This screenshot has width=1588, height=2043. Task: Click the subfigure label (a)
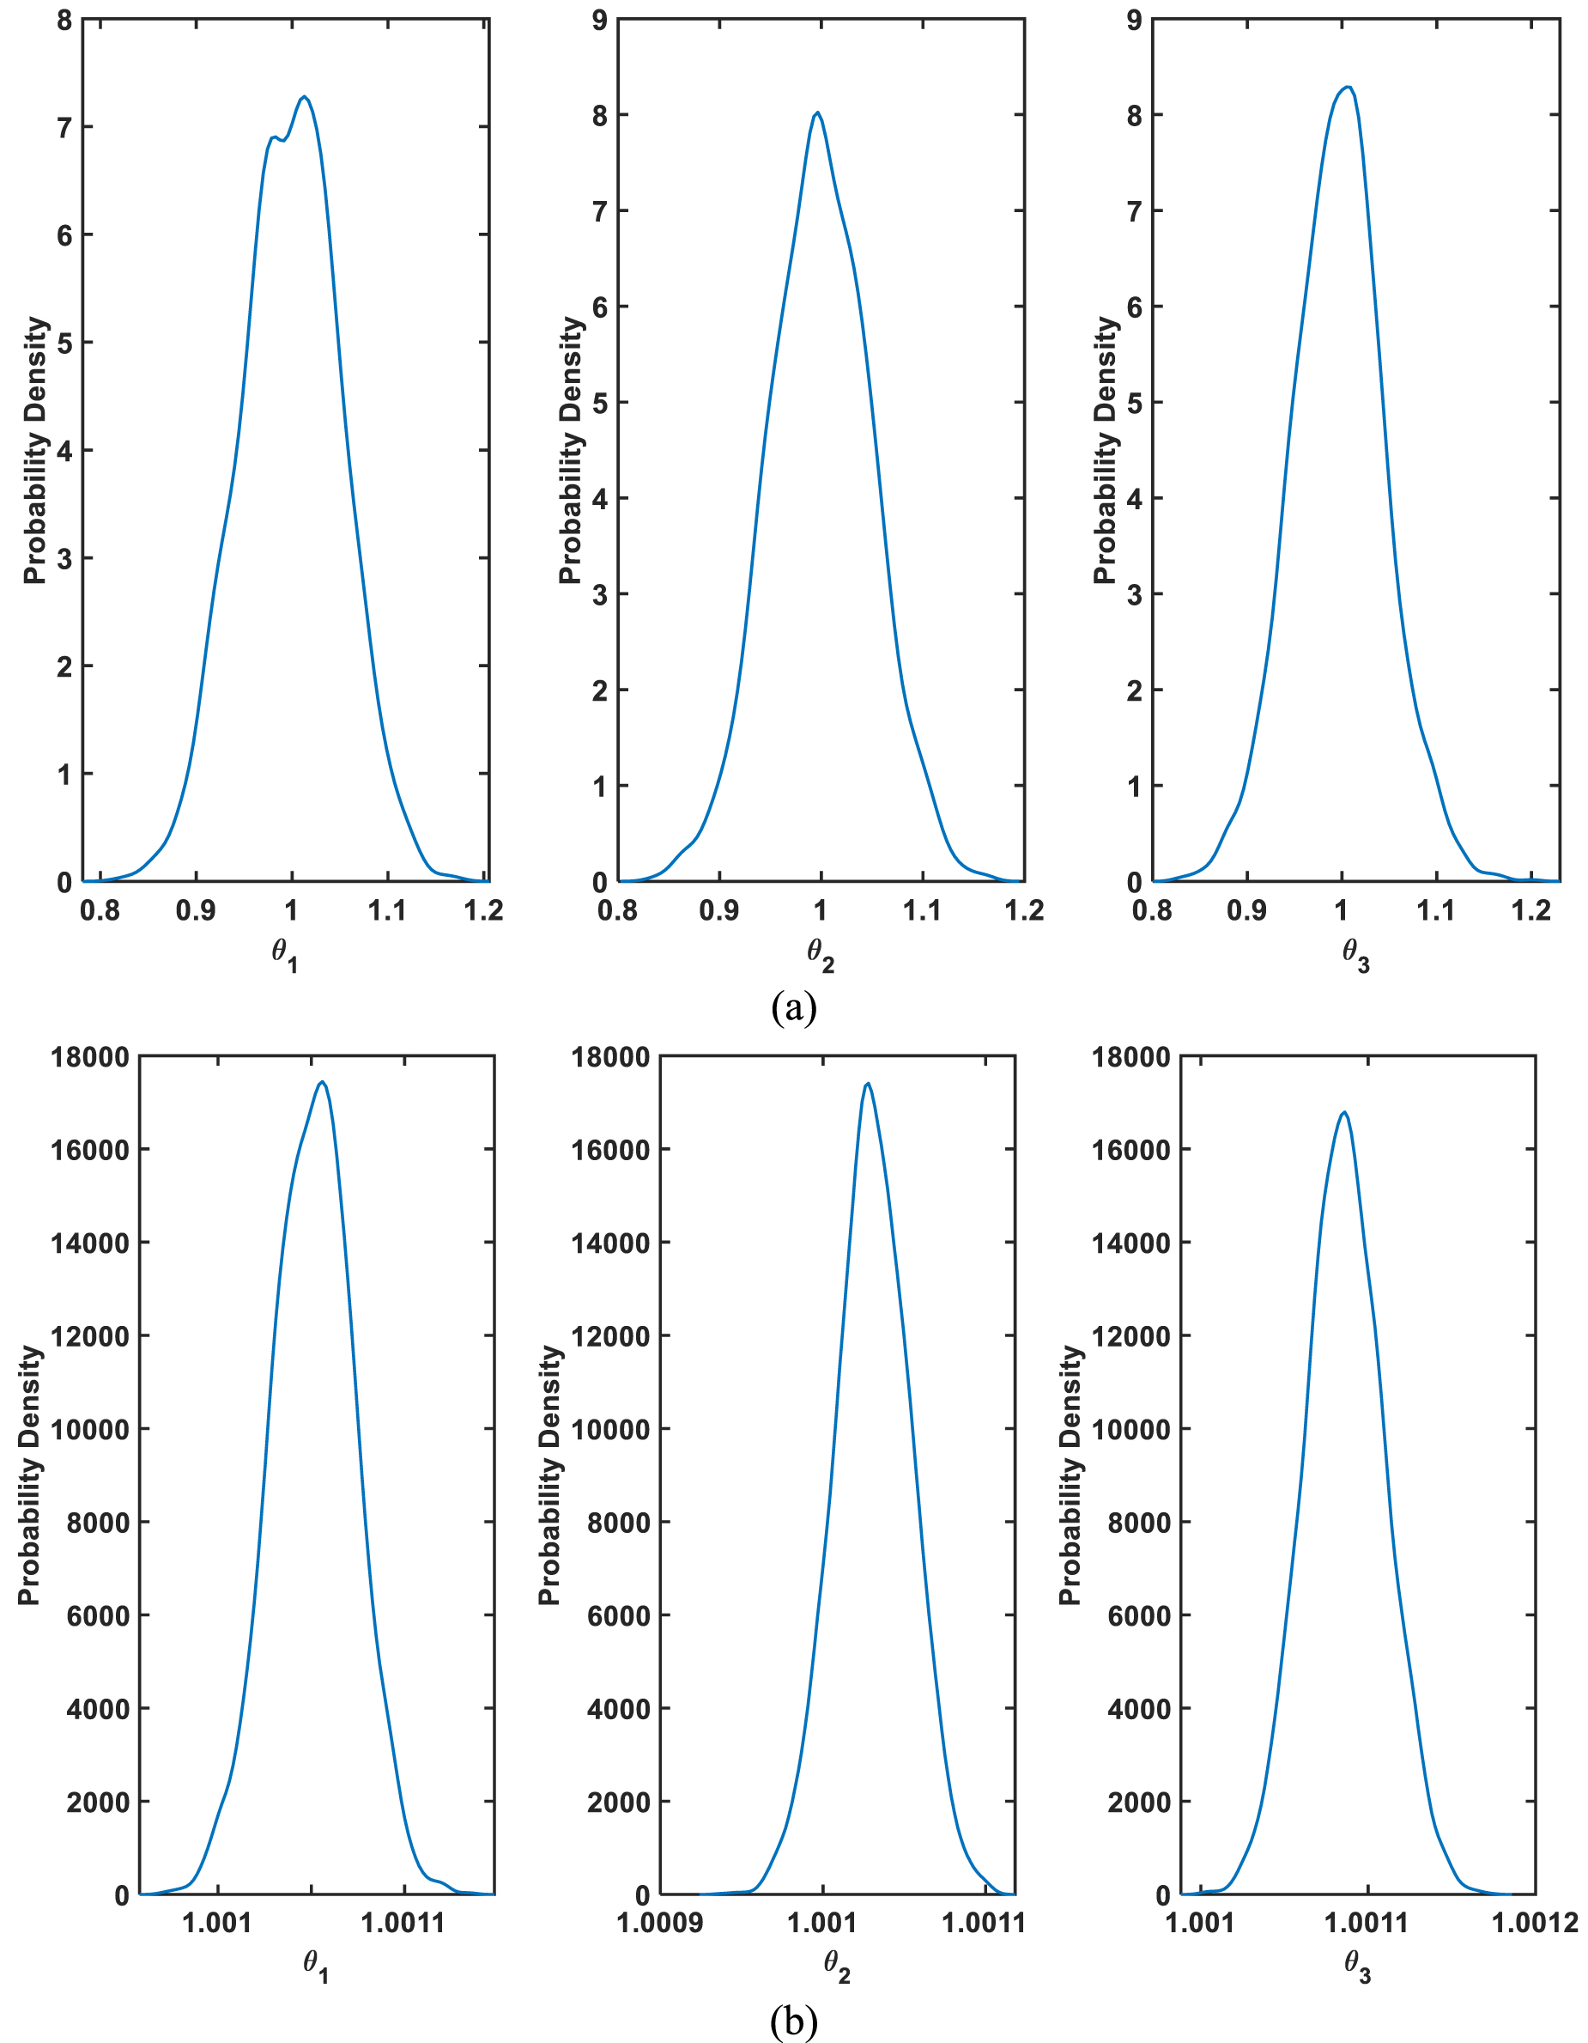(794, 1008)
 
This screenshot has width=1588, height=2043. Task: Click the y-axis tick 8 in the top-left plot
(64, 20)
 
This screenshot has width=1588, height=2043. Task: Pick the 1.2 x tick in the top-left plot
(484, 910)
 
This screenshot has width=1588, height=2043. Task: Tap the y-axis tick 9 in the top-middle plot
(599, 20)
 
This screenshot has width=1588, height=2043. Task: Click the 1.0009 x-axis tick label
(660, 1924)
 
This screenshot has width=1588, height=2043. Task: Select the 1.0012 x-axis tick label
(1535, 1924)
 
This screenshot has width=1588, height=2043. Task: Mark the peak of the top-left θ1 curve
(305, 96)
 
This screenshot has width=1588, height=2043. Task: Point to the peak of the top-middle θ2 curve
(818, 112)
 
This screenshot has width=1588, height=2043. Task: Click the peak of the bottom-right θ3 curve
(1344, 1112)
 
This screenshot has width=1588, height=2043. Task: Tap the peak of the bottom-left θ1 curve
(323, 1082)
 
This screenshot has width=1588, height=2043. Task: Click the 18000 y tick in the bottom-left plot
(89, 1057)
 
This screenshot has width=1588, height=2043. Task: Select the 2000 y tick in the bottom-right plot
(1130, 1803)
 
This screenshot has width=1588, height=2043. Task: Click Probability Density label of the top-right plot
(1106, 450)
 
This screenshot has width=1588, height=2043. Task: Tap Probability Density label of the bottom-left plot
(29, 1476)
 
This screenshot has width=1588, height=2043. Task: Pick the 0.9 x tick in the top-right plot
(1246, 910)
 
